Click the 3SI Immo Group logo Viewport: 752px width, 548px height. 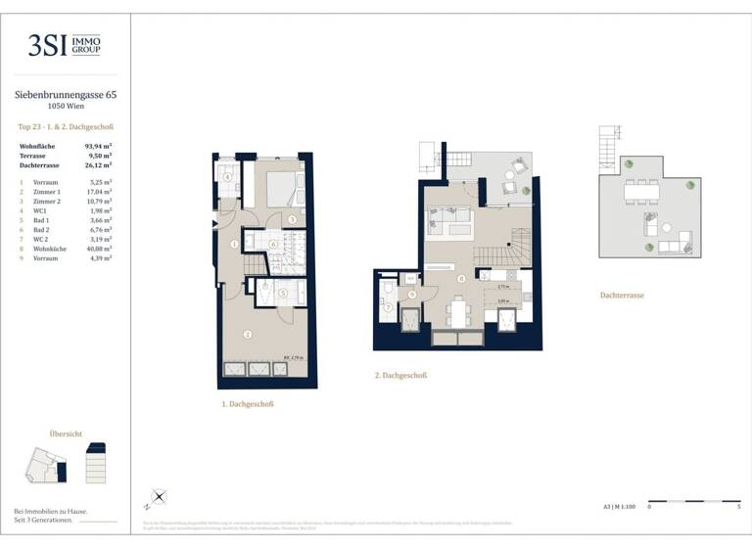tap(65, 45)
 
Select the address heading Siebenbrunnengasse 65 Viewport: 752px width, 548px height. tap(65, 95)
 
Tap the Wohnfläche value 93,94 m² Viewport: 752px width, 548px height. tap(98, 146)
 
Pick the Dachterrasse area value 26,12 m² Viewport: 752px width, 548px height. tap(98, 164)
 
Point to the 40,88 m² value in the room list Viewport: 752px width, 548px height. tap(98, 248)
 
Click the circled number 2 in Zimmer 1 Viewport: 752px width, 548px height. tap(248, 334)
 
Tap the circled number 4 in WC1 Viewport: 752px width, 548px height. tap(227, 177)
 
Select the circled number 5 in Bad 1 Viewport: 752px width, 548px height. tap(284, 292)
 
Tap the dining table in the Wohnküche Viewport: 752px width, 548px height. tap(460, 311)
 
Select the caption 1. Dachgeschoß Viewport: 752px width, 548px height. tap(247, 403)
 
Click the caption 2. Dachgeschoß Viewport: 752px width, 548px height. tap(400, 375)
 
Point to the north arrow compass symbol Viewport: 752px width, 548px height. tap(158, 499)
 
